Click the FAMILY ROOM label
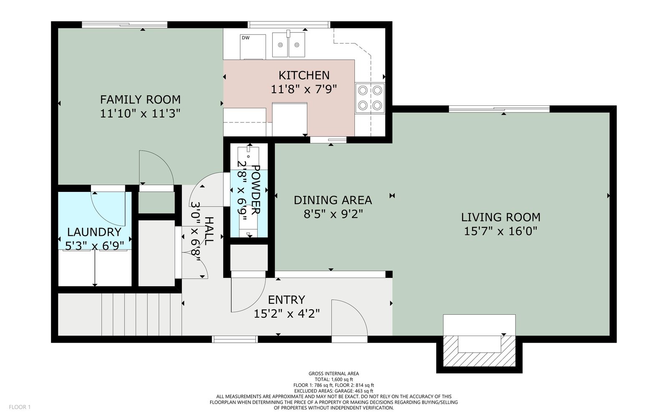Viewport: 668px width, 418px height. coord(140,99)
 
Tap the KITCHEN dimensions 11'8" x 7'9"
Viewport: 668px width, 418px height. coord(304,89)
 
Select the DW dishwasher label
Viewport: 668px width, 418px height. coord(246,38)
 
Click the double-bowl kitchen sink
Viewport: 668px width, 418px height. coord(288,45)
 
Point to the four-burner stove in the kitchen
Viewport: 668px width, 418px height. coord(370,98)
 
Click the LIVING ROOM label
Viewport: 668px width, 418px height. coord(501,217)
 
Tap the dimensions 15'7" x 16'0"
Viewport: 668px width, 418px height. coord(501,231)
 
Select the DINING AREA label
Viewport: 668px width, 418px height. coord(333,200)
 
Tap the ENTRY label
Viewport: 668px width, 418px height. coord(286,299)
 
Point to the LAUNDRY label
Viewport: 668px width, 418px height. coord(94,232)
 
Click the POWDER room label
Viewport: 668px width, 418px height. coord(256,190)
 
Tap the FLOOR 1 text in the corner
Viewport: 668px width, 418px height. coord(20,407)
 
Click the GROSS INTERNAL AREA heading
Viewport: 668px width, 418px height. coord(334,374)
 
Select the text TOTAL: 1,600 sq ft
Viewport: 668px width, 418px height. coord(334,380)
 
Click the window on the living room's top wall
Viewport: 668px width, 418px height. coord(499,109)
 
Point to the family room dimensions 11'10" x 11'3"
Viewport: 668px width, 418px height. coord(140,113)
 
